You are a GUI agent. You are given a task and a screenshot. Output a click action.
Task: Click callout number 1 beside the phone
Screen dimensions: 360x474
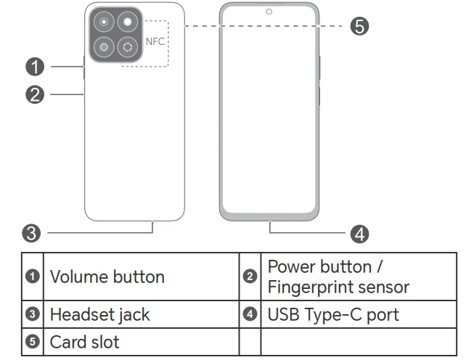33,67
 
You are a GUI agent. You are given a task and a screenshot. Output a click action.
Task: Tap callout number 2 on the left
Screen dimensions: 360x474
33,94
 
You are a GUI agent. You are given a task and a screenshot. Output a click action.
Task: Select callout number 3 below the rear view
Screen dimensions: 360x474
30,233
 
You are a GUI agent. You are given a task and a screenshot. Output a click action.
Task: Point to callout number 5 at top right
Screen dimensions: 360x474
359,26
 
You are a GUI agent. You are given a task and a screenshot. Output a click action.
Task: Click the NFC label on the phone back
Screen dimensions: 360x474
155,41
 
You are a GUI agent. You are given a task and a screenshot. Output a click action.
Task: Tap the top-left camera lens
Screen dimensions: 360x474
105,23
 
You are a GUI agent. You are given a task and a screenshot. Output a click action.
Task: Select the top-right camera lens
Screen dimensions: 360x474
129,23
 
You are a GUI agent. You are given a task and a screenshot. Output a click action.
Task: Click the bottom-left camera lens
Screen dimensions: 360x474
105,47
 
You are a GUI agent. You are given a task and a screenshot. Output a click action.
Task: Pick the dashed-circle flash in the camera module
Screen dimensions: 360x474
129,47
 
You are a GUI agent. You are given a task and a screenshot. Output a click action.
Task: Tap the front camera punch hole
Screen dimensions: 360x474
269,12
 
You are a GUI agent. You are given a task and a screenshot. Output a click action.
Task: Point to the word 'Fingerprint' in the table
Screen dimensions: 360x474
312,287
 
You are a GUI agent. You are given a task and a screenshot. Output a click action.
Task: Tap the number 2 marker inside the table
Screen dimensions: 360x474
250,277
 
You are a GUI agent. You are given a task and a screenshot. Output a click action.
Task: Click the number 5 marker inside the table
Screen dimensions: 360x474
33,341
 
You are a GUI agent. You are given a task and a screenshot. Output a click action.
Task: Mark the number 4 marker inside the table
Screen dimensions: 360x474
250,315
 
